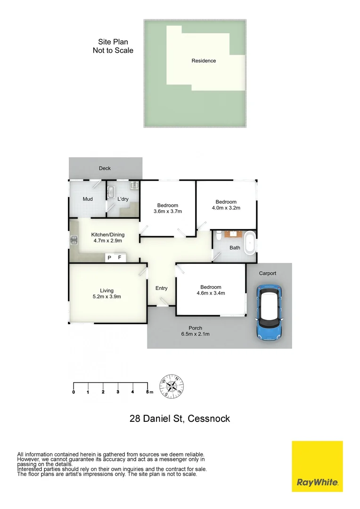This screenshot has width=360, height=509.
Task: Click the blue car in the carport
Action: point(269,312)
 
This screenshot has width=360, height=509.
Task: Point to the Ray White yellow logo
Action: point(317,466)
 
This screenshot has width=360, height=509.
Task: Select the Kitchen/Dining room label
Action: point(107,238)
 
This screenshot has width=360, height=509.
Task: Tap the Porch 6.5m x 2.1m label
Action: point(195,331)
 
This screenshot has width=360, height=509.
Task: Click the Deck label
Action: point(105,168)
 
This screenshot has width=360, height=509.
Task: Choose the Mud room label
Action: point(88,199)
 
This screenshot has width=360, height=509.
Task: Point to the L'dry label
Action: point(123,199)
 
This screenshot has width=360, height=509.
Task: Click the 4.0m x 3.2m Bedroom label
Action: point(226,205)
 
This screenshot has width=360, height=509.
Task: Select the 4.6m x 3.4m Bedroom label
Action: point(211,290)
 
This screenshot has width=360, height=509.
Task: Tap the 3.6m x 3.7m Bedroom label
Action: point(168,208)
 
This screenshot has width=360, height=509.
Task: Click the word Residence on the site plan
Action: point(204,61)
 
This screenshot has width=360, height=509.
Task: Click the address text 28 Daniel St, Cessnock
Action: point(180,418)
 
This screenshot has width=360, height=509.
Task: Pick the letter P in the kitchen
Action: point(109,258)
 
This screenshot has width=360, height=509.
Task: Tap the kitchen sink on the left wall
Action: point(74,241)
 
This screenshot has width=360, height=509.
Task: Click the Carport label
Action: point(267,273)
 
